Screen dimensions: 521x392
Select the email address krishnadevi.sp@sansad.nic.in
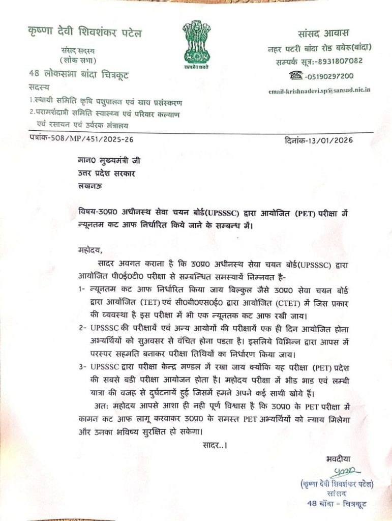[319, 90]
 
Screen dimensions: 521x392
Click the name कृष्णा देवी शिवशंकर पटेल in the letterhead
[85, 34]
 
